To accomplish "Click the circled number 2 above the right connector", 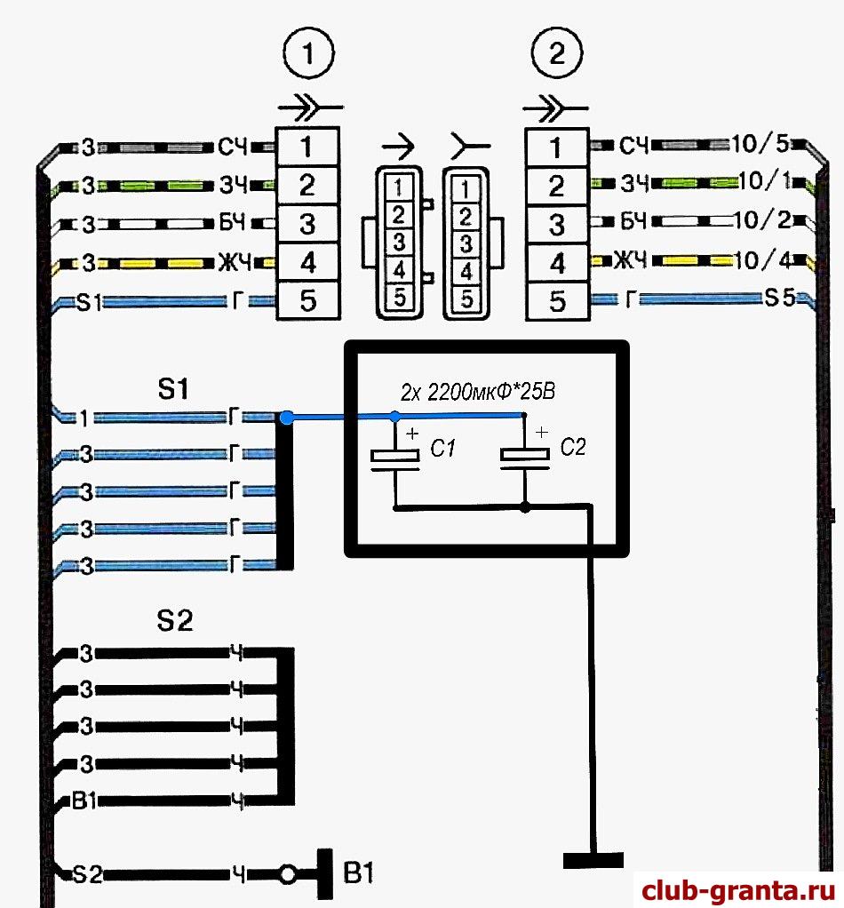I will click(558, 55).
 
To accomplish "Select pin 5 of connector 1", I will click(307, 301).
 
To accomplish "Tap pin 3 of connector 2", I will click(557, 224).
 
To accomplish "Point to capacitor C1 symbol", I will click(394, 457).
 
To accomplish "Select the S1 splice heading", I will click(173, 387).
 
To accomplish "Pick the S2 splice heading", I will click(174, 621).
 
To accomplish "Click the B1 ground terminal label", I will click(359, 874).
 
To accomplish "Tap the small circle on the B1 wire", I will click(287, 876).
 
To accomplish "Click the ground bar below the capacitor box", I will click(593, 859).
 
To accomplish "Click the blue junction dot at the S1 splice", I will click(286, 417).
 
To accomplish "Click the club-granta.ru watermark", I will click(736, 889).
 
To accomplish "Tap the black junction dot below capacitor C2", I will click(525, 507).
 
